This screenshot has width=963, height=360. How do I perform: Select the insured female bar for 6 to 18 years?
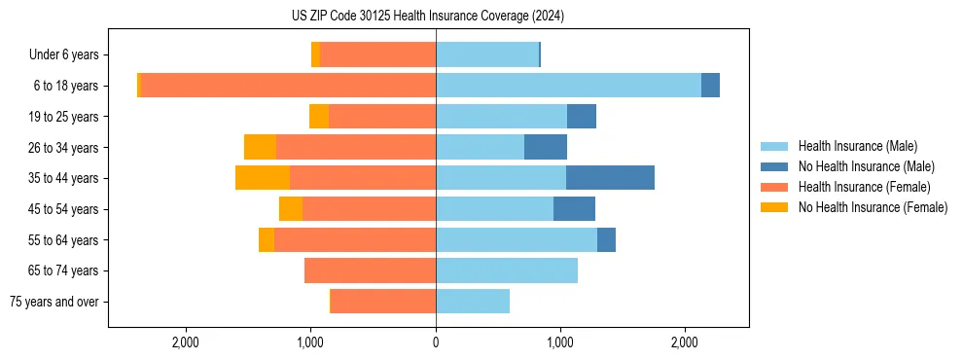(x=288, y=86)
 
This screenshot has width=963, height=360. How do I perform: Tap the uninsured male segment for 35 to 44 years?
(x=610, y=178)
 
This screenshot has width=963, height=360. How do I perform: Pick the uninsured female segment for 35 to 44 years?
(x=263, y=178)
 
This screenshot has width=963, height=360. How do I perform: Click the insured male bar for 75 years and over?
(x=473, y=302)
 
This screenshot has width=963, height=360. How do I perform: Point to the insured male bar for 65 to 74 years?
(x=507, y=270)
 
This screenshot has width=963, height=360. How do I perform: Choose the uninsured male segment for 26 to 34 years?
(x=546, y=147)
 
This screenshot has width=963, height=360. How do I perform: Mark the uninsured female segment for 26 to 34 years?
(x=260, y=147)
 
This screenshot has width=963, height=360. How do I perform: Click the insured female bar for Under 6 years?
(x=377, y=54)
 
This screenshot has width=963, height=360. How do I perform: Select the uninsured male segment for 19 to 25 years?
(x=582, y=117)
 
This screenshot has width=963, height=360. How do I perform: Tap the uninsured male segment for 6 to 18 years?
(x=710, y=86)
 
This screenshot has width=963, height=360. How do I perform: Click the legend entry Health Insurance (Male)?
(x=857, y=146)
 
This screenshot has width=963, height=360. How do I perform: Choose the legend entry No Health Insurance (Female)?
(x=873, y=207)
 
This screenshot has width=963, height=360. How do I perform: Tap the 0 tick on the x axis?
(x=436, y=342)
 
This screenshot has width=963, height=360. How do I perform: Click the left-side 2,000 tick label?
(x=185, y=342)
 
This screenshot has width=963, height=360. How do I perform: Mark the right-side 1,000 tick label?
(x=560, y=342)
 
